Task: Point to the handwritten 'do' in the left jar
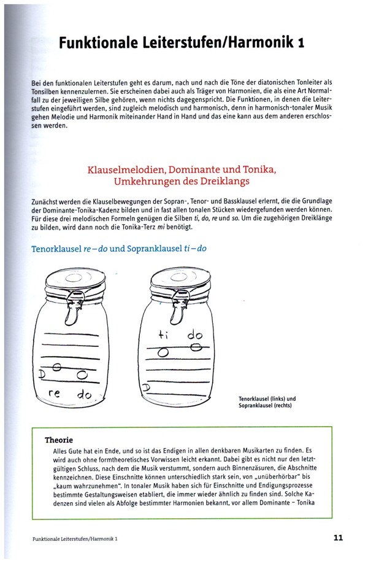click(x=83, y=396)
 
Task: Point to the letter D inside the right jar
click(x=145, y=387)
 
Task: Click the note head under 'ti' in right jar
click(x=163, y=352)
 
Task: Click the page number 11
click(x=338, y=538)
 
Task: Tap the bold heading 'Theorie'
click(x=59, y=440)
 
